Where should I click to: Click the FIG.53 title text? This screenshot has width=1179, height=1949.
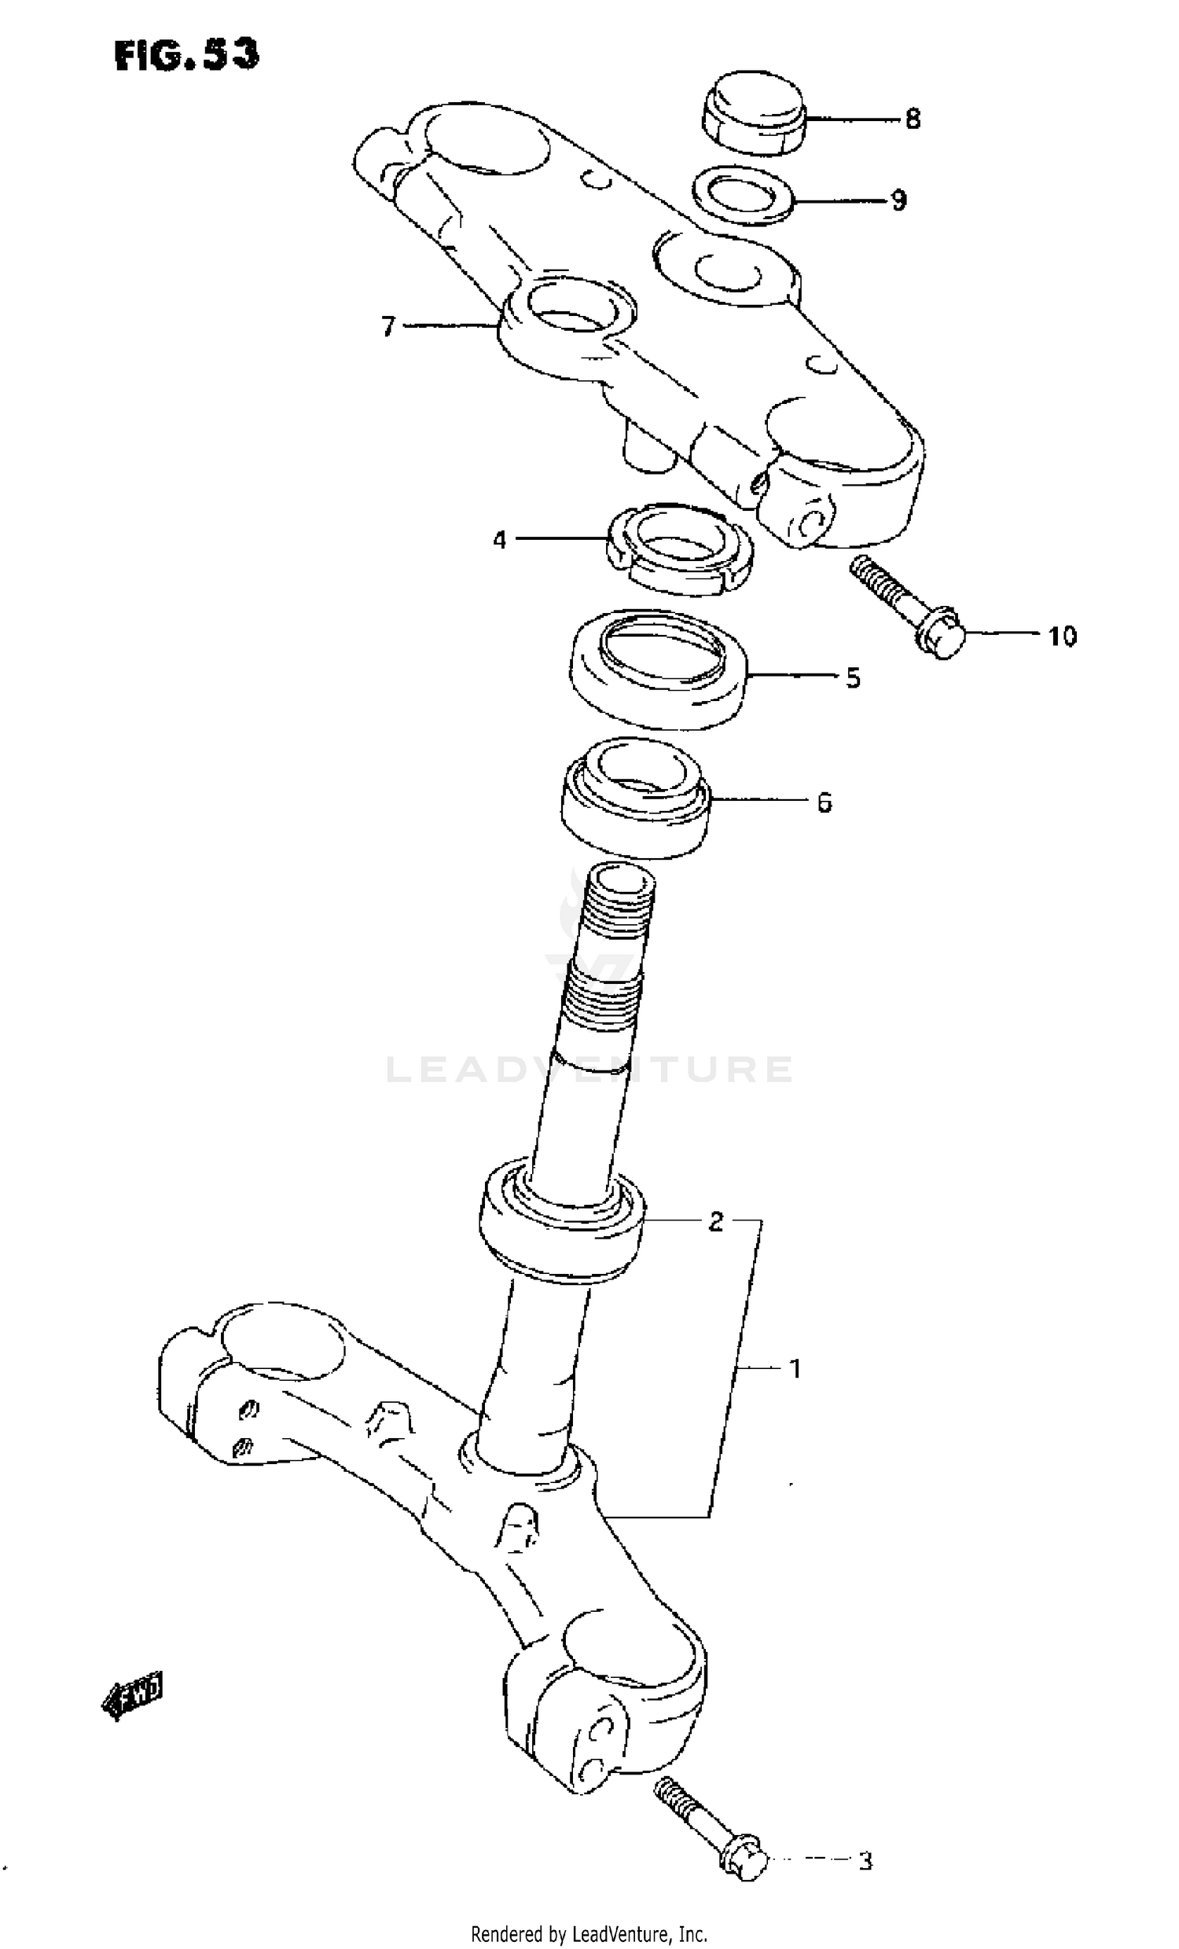tap(187, 55)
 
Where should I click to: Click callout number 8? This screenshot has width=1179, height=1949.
tap(913, 119)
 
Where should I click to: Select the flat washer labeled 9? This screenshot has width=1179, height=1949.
tap(742, 196)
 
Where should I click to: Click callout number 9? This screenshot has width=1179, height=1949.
tap(898, 200)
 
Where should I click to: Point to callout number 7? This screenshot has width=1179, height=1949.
tap(387, 326)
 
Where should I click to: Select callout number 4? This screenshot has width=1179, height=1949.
tap(499, 540)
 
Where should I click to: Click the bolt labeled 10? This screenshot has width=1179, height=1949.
tap(910, 607)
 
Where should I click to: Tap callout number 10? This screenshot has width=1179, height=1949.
tap(1062, 636)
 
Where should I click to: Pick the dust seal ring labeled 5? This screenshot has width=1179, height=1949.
tap(658, 670)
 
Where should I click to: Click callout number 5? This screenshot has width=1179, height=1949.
tap(852, 678)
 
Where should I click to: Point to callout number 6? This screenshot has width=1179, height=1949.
tap(824, 803)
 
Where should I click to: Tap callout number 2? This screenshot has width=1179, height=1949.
tap(714, 1222)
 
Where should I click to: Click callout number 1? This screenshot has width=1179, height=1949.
tap(795, 1367)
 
